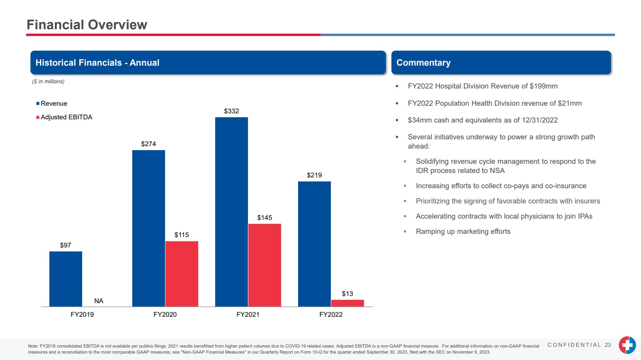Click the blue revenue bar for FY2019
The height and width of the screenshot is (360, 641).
point(66,279)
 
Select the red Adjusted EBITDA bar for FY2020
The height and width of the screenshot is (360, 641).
point(181,274)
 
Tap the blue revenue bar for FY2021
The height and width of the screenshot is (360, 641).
point(232,212)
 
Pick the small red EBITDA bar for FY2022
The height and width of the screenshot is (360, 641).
point(347,303)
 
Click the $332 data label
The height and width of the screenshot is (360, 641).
point(232,111)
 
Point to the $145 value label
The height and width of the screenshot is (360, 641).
point(264,217)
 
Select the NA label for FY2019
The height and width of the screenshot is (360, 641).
point(99,301)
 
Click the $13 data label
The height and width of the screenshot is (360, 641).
point(347,294)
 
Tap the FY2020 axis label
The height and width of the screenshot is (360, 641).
point(165,314)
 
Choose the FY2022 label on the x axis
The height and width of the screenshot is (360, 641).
point(331,314)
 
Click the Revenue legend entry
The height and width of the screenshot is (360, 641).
point(54,103)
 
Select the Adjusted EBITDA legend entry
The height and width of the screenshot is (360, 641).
point(66,117)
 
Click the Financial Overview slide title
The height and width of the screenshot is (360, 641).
point(87,25)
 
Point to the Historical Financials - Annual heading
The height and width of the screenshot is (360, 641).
point(97,62)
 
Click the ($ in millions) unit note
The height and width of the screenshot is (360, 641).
point(48,81)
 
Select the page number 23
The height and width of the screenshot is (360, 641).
point(608,345)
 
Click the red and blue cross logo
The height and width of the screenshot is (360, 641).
point(627,345)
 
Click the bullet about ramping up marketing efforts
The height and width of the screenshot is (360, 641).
point(463,231)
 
